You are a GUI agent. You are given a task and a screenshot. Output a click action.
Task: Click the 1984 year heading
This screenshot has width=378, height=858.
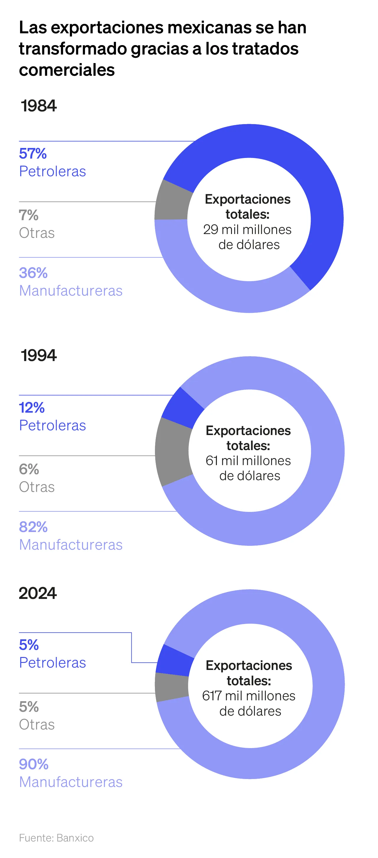pos(39,106)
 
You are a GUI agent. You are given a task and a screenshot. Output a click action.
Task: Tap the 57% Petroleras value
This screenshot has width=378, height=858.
pos(33,154)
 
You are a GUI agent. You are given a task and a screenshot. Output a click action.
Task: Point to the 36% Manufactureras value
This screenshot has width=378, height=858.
pos(33,273)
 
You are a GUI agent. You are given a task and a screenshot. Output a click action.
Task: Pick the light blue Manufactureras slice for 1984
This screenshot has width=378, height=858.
pos(217,286)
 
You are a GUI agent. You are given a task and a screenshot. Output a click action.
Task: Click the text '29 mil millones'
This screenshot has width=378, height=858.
pos(247,230)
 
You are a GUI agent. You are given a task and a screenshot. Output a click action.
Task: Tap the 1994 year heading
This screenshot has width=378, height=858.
pos(39,355)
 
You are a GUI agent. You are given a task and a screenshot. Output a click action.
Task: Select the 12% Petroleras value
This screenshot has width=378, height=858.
pos(32,408)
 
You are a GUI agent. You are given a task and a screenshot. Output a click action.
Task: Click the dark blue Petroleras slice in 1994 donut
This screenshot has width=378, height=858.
pos(182,408)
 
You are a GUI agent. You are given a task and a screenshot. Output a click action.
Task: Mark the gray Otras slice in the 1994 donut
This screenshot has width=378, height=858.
pos(173,451)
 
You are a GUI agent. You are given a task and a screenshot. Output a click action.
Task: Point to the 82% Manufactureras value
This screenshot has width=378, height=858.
pos(33,527)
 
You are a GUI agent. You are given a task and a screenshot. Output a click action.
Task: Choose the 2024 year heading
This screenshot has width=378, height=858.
pos(38,593)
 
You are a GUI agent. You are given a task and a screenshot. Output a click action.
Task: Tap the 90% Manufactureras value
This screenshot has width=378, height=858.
pos(33,764)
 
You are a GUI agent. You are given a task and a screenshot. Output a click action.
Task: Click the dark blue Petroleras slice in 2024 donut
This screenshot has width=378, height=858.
pos(174,660)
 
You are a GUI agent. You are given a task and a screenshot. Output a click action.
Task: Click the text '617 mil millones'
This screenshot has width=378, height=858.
pos(249,696)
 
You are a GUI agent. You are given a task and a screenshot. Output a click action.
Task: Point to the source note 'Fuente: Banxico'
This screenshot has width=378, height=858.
pos(56,837)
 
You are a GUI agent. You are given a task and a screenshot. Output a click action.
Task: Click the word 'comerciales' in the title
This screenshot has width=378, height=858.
pos(67,70)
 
